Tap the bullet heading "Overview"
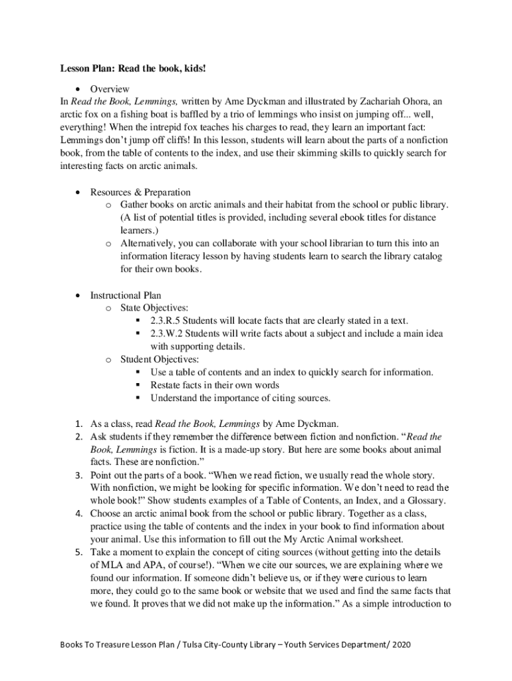(110, 88)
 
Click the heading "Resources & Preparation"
(140, 192)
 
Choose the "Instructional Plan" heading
(126, 295)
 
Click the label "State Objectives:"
(154, 308)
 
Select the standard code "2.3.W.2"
(168, 333)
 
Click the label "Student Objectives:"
(158, 359)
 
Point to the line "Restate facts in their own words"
(215, 385)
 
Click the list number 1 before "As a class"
(78, 424)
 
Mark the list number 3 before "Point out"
(78, 476)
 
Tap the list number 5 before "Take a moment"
(78, 553)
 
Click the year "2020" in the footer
(408, 645)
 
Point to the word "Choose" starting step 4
(106, 514)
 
